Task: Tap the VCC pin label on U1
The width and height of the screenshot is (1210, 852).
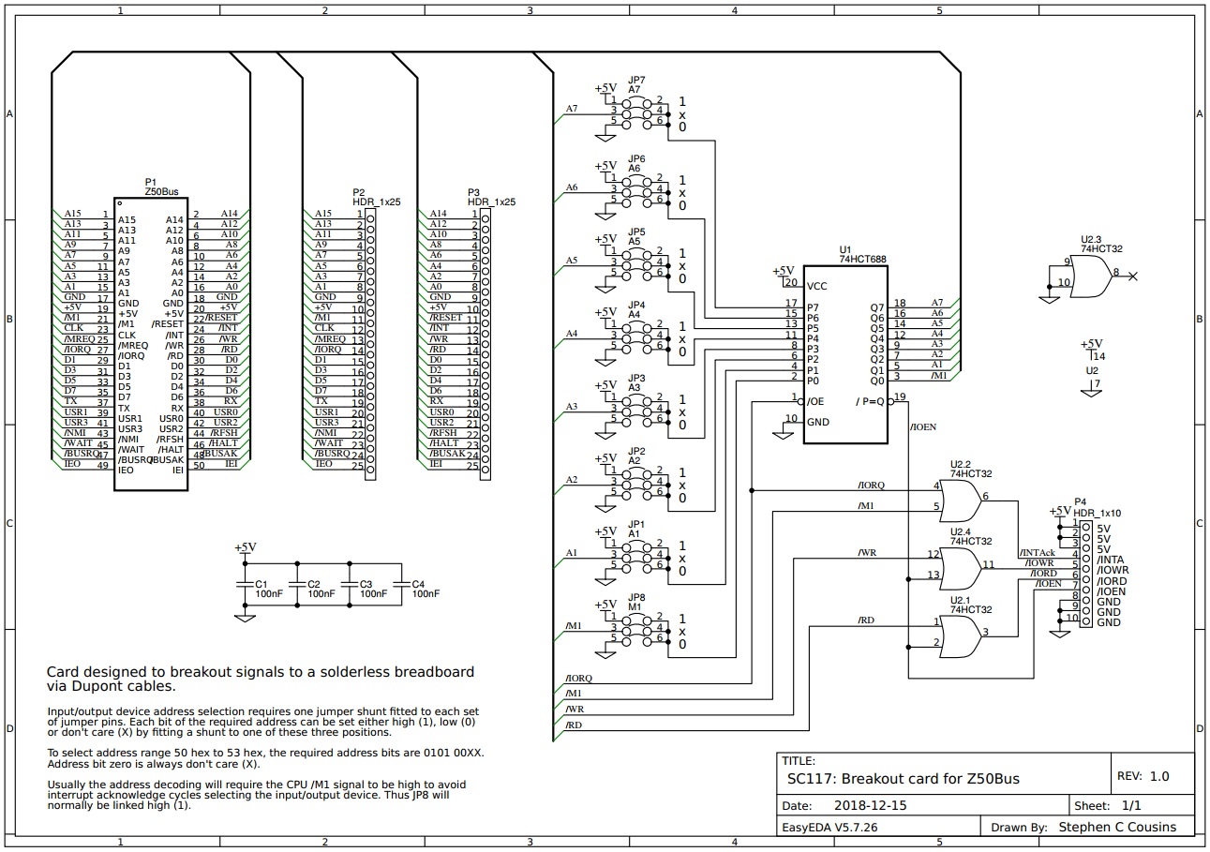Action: pos(817,286)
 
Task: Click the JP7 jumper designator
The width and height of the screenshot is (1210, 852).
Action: pos(636,81)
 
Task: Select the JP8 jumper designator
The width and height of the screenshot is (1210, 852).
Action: pos(636,596)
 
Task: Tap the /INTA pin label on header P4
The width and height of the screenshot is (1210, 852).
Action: pos(1111,560)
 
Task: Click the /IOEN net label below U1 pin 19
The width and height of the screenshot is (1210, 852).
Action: pos(922,427)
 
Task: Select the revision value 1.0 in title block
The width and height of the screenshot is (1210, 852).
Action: pos(1159,776)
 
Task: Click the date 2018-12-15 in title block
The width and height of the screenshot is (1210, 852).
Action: pos(870,805)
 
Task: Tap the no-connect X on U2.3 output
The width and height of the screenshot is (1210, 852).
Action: pos(1133,277)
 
